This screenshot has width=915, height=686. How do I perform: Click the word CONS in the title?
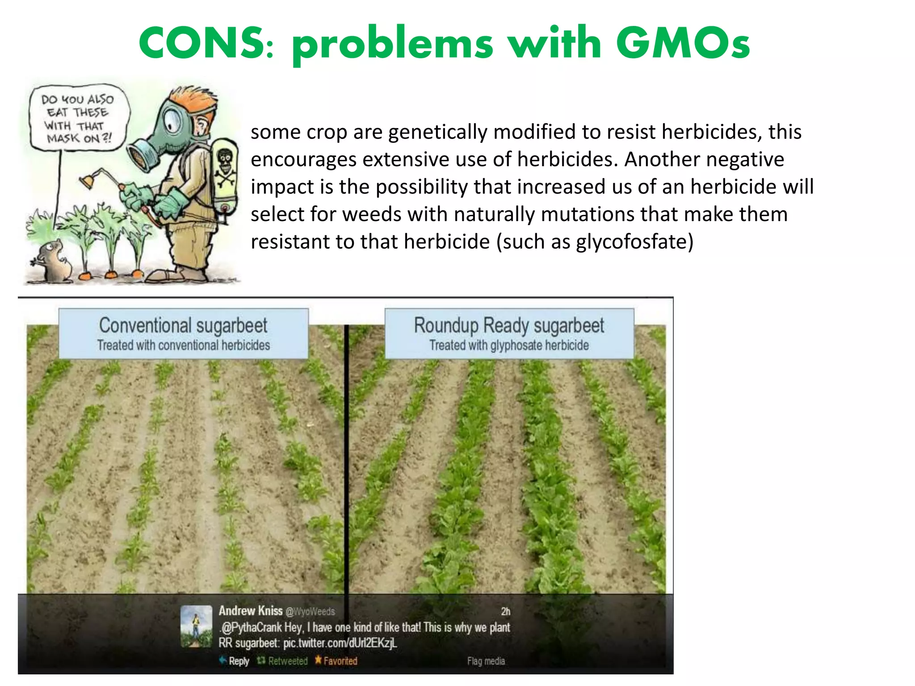tap(201, 43)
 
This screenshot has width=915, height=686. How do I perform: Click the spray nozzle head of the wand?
tap(87, 180)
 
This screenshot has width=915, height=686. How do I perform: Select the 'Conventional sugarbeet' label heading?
tap(183, 325)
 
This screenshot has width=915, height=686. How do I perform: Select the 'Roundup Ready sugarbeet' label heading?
tap(509, 325)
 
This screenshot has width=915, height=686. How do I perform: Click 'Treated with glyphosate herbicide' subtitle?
tap(509, 345)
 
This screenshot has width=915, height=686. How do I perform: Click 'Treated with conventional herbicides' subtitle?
tap(183, 345)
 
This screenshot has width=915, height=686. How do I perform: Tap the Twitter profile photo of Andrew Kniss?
tap(196, 626)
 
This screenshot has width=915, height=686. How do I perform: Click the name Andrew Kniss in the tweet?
tap(250, 611)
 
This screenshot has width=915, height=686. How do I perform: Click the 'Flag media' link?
tap(486, 661)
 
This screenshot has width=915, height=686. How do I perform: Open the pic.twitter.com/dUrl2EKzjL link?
tap(340, 643)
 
